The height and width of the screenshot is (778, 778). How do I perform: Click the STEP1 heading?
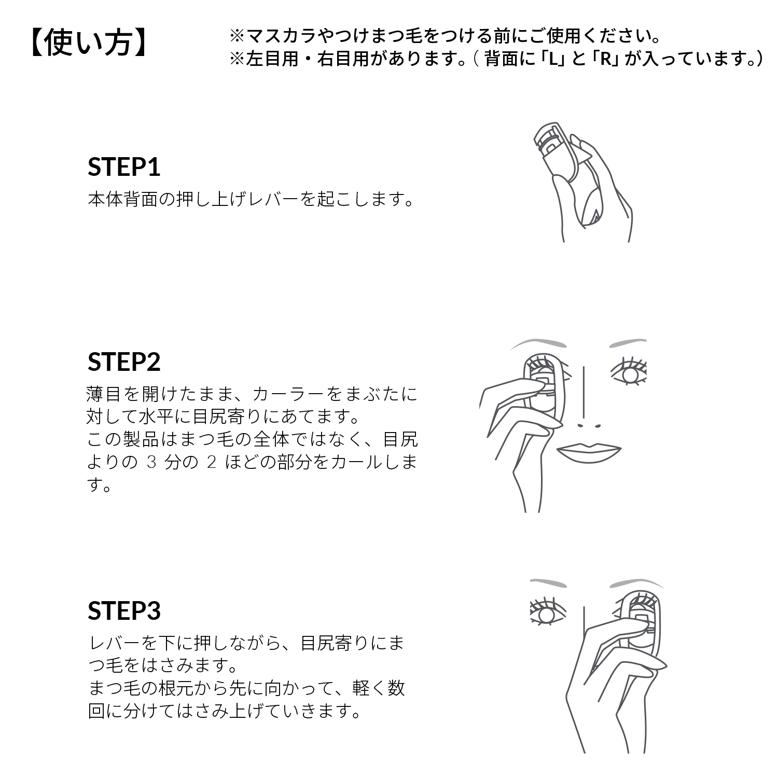(x=124, y=167)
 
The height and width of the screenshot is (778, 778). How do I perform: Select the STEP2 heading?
(x=124, y=362)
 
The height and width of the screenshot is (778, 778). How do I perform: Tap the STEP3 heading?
(x=124, y=610)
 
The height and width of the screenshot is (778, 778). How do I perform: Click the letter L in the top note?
(x=553, y=59)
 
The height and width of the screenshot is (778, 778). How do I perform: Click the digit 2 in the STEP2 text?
(x=212, y=462)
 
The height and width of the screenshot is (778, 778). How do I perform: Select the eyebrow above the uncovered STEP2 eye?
(x=628, y=343)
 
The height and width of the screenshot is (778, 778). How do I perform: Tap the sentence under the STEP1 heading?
(x=252, y=199)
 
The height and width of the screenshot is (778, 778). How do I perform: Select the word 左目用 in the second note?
(x=273, y=59)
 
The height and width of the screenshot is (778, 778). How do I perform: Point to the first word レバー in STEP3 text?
(x=116, y=643)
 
